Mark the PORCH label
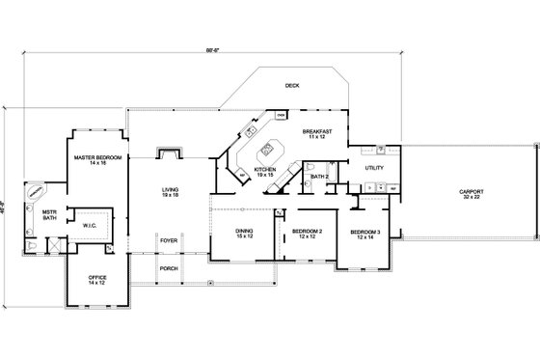pyautogui.click(x=169, y=269)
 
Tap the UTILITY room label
pyautogui.click(x=374, y=168)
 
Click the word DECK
pyautogui.click(x=291, y=85)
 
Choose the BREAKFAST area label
pyautogui.click(x=317, y=131)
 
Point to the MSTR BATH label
pyautogui.click(x=49, y=215)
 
